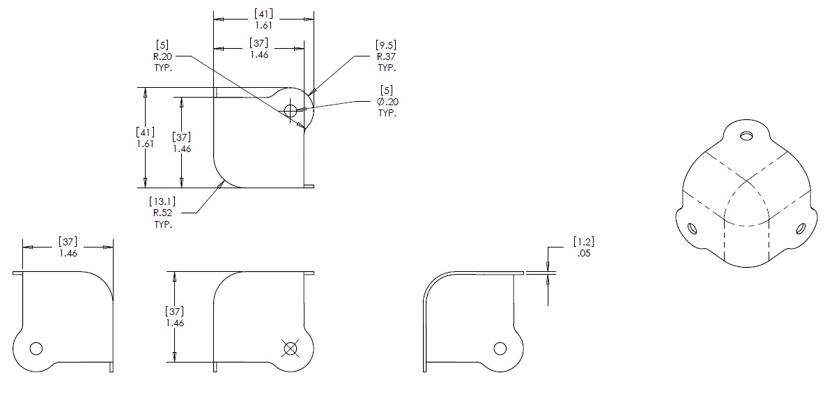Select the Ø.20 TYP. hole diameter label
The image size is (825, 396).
[387, 101]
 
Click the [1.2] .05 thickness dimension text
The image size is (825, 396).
[583, 247]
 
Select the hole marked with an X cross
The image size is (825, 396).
[290, 348]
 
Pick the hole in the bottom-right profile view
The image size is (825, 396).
[500, 349]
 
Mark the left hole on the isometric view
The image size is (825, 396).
[692, 229]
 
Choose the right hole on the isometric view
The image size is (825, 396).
[801, 229]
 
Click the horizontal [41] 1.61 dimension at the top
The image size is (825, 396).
[264, 18]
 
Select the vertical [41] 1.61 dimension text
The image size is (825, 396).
[146, 137]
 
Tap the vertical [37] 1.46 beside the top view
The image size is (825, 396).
[182, 142]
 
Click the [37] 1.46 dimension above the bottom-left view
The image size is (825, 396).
[68, 247]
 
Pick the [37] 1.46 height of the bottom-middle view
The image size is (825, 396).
[175, 317]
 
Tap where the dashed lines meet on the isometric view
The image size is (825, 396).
[746, 183]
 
